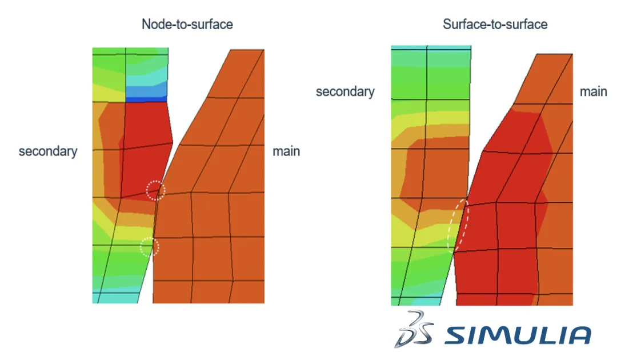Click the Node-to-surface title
tap(187, 25)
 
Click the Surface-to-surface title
tap(495, 25)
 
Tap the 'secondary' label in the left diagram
tap(48, 151)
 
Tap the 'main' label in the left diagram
tap(286, 151)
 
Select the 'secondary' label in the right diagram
tap(345, 91)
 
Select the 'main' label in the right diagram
tap(594, 91)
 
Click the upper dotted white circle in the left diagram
tap(155, 190)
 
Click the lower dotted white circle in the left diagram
tap(150, 247)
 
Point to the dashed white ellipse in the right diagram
tap(458, 225)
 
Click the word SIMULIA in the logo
tap(518, 335)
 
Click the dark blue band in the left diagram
tap(146, 99)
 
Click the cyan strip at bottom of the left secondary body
tap(117, 298)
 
